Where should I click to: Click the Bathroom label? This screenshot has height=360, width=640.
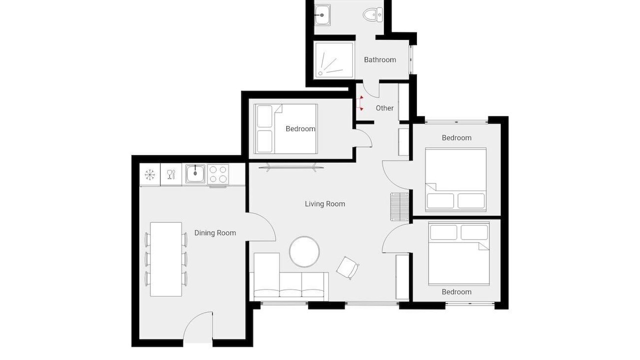(x=379, y=59)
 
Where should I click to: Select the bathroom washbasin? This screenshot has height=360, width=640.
(x=322, y=15)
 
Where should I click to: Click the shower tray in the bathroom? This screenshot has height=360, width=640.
(x=333, y=60)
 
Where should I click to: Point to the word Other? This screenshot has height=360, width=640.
(x=384, y=108)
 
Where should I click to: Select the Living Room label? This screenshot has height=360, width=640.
(x=325, y=203)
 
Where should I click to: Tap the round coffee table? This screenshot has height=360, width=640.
(x=304, y=251)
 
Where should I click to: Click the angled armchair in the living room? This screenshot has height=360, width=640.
(x=347, y=267)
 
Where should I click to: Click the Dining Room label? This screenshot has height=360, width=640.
(x=215, y=233)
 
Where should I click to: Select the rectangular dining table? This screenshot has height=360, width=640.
(x=166, y=259)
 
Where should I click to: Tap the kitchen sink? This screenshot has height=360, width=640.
(x=195, y=173)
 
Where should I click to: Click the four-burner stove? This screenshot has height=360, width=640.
(x=218, y=174)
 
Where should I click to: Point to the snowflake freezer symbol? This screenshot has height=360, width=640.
(x=149, y=174)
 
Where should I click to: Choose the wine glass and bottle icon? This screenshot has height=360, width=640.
(x=171, y=174)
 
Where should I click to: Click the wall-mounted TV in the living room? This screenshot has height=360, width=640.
(x=291, y=167)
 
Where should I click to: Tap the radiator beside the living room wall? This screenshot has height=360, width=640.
(x=399, y=206)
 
